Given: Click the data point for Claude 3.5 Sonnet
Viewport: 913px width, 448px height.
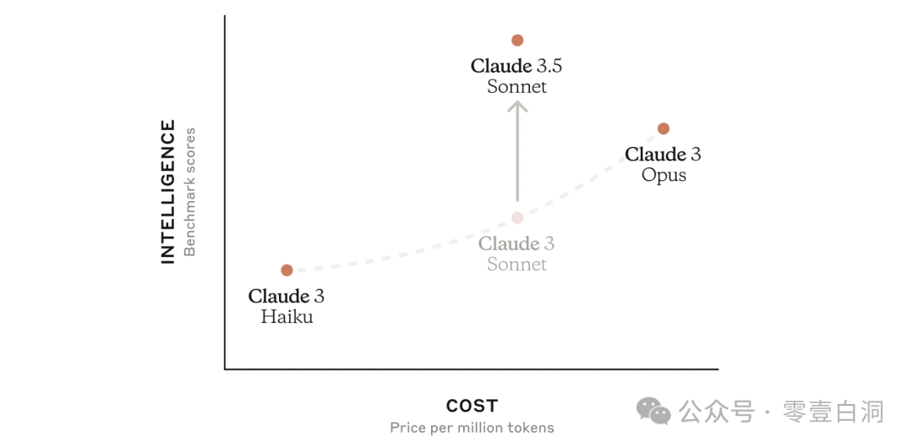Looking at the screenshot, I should tap(517, 41).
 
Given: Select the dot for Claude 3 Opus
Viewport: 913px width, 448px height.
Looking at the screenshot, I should tap(664, 128).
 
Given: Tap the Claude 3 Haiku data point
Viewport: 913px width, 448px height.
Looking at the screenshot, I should tap(287, 270).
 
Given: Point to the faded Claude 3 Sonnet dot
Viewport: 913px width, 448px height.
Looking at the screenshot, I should tap(517, 218).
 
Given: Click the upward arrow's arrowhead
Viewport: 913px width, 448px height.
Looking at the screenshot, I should tap(517, 106).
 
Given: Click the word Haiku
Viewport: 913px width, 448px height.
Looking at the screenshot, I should tap(287, 318).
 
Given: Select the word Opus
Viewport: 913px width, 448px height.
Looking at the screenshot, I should tap(664, 176).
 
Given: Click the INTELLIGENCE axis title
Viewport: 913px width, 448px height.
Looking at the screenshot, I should tap(168, 192).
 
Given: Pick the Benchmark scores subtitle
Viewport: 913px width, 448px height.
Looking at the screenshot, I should tap(190, 192).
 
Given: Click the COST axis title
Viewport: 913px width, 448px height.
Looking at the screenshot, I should tap(472, 406).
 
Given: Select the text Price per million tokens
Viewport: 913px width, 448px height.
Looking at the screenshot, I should tap(472, 428).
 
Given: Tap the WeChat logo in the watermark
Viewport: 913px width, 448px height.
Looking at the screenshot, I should tap(653, 411).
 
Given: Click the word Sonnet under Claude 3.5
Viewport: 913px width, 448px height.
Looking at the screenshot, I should tap(517, 86).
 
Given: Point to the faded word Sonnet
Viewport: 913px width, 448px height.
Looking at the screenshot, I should tap(517, 265).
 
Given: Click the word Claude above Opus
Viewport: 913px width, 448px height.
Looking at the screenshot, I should tap(655, 155).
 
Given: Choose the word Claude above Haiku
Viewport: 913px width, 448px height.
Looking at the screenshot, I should tap(278, 297).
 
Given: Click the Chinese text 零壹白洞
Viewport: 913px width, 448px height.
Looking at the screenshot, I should tap(834, 412).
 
